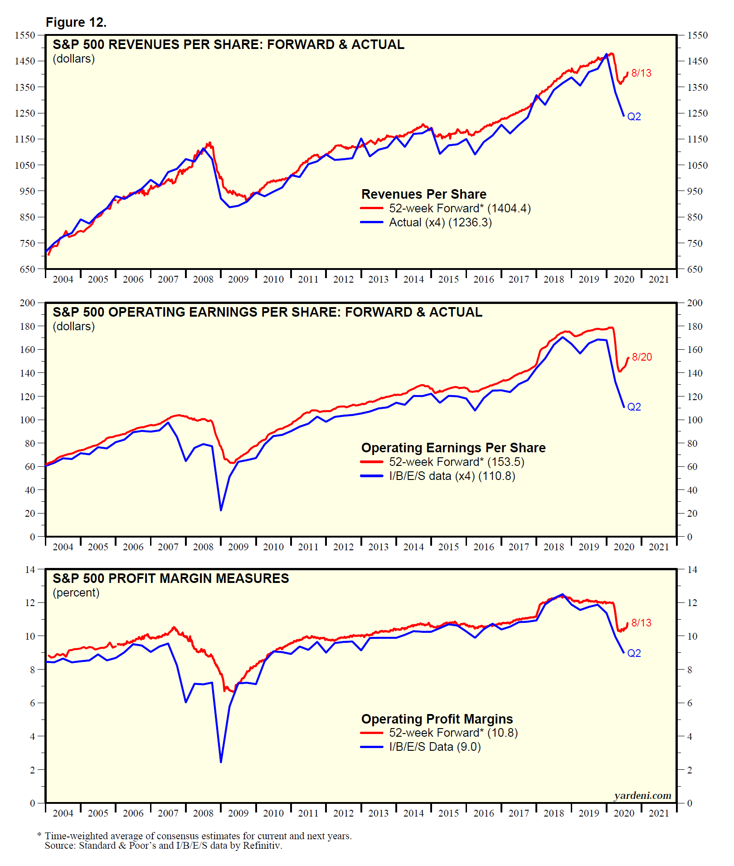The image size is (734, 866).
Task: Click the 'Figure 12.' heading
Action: (76, 22)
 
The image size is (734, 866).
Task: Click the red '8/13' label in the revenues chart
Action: (641, 73)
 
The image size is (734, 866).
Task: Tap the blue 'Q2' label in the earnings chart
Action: (634, 407)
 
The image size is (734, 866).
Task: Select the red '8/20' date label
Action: (642, 357)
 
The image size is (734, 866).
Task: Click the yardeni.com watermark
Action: (642, 796)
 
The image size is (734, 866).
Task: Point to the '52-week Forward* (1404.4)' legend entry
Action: (459, 208)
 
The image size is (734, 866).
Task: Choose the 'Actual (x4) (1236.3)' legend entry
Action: (440, 222)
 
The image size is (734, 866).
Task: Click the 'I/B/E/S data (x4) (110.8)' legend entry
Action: (452, 476)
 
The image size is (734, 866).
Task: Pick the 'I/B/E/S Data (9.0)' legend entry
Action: (434, 747)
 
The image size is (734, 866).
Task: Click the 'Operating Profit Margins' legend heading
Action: (437, 719)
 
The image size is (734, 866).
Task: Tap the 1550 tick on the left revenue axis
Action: (24, 35)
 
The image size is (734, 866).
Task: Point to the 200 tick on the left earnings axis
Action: (27, 303)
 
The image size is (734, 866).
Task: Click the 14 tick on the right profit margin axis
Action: (692, 570)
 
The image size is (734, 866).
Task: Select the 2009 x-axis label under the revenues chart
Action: (238, 279)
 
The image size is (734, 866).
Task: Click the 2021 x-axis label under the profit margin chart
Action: (659, 813)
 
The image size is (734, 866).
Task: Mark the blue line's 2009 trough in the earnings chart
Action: (221, 510)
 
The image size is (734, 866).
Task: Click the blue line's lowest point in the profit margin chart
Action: (221, 762)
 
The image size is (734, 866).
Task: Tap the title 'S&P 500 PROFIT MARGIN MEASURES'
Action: (170, 578)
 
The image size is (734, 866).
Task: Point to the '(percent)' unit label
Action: (76, 593)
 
